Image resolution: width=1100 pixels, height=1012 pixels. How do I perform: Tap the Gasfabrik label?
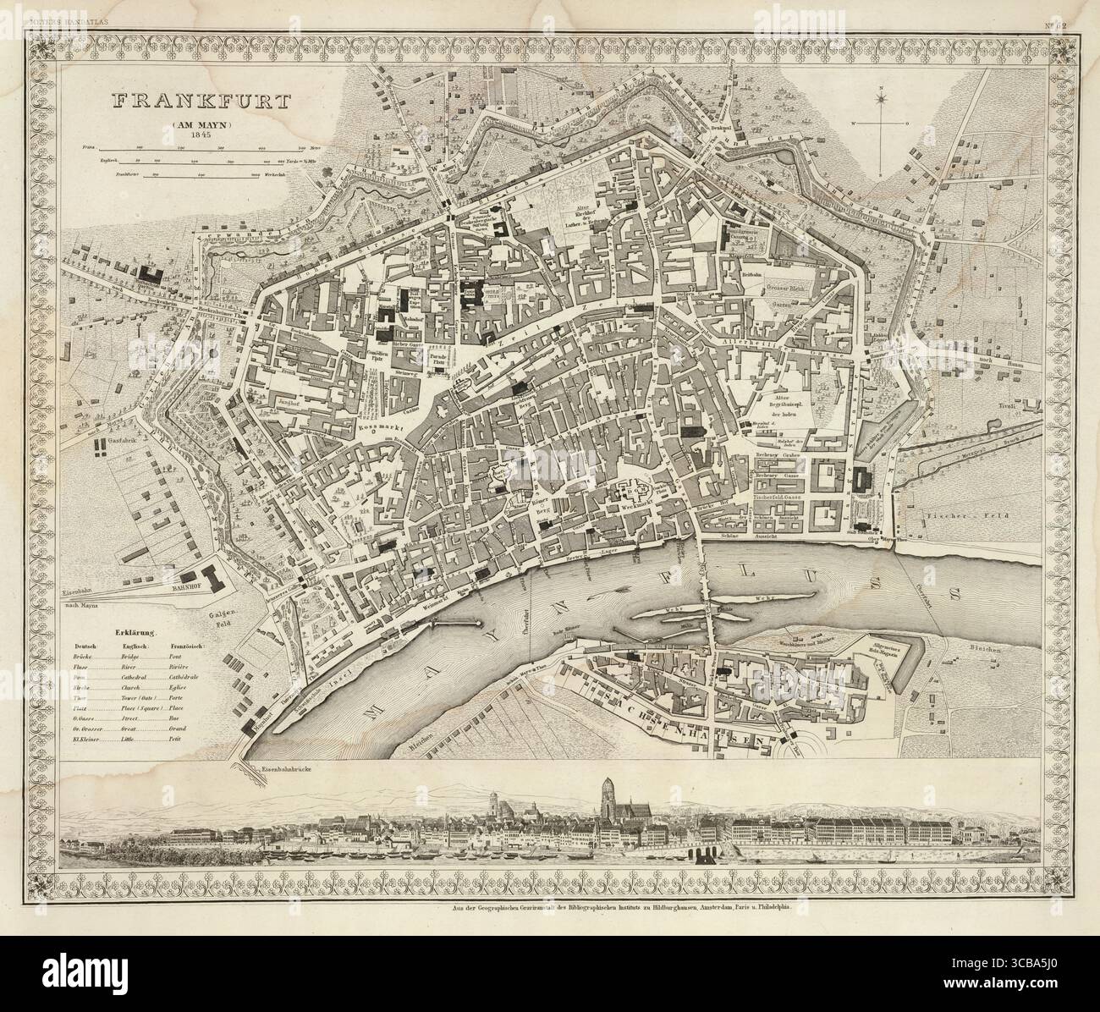click(x=127, y=442)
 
